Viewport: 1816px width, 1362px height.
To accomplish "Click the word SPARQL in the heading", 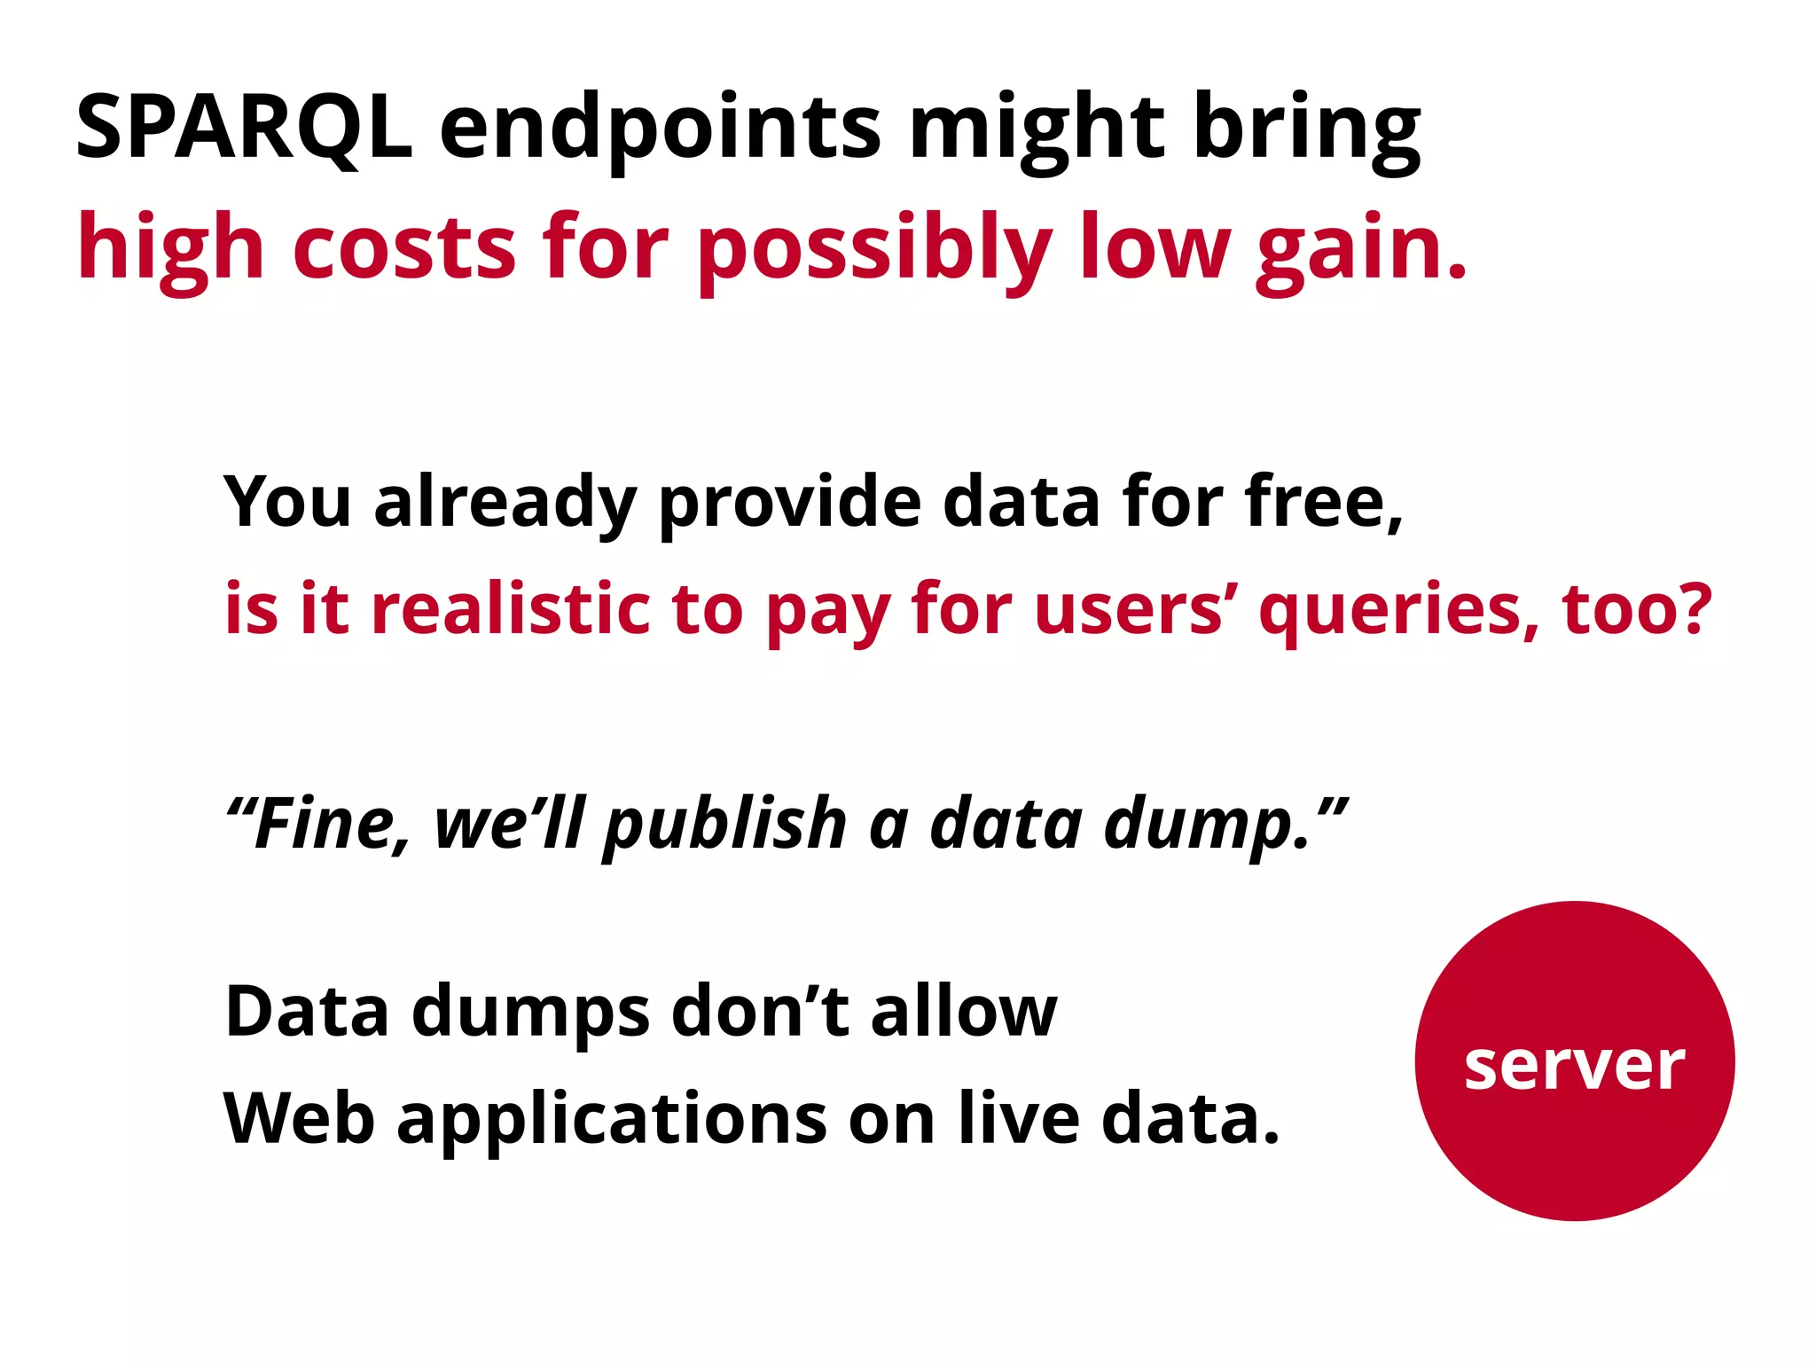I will click(x=244, y=129).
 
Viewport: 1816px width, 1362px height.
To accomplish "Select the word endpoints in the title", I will click(x=660, y=129).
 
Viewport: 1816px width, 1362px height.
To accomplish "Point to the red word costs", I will click(x=403, y=248).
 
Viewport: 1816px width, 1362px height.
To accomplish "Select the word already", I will click(x=505, y=504).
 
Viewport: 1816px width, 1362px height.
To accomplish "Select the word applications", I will click(x=611, y=1120).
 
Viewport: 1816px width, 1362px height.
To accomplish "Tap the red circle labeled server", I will click(x=1574, y=1061).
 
